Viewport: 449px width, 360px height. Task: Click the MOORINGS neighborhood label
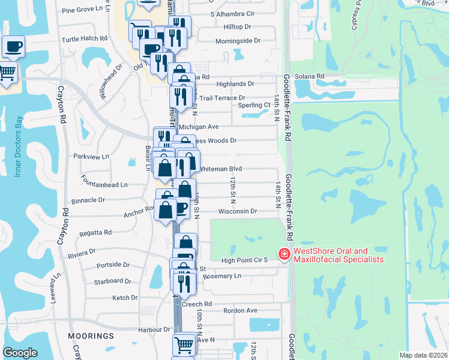pos(91,335)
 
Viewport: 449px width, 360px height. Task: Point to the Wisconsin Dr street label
pos(238,211)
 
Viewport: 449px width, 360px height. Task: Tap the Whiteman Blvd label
pos(220,169)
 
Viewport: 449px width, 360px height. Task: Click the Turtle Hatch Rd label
pos(85,38)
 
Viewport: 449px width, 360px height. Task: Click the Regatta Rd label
pos(100,232)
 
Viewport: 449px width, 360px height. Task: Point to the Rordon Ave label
pos(240,310)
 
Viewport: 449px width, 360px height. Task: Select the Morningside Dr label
pos(238,41)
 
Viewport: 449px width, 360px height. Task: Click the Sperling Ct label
pos(254,105)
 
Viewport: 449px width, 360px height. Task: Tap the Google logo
pos(20,353)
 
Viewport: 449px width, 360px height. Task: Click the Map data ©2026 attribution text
pos(423,355)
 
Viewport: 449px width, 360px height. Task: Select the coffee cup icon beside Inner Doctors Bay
pos(13,46)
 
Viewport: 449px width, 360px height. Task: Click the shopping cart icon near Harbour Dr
pos(184,344)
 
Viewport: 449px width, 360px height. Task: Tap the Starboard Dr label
pos(112,281)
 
